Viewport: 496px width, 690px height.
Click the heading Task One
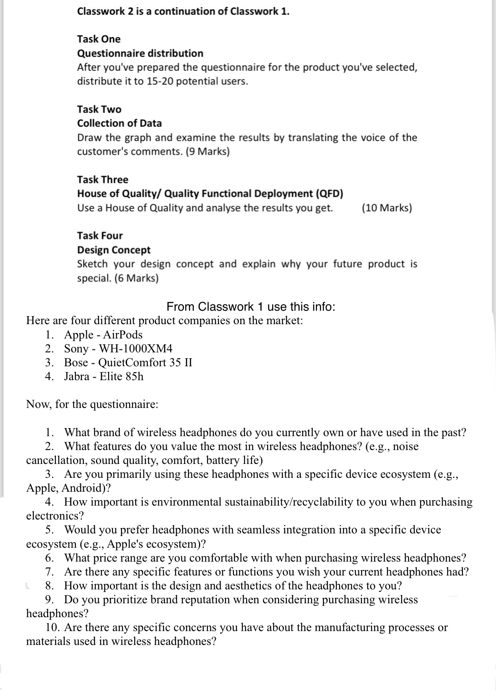[98, 39]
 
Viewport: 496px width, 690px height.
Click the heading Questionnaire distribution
[140, 53]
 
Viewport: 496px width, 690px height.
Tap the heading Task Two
[99, 109]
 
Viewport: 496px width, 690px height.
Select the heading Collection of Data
[119, 123]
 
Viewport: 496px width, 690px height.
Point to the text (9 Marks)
[207, 152]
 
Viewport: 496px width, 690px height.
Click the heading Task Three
[102, 180]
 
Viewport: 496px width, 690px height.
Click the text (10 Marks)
[387, 208]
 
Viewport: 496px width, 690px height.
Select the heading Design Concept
[114, 250]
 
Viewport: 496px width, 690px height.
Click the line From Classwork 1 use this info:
[251, 306]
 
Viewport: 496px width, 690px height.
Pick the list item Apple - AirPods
[103, 335]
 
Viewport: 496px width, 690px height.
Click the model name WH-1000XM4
[135, 349]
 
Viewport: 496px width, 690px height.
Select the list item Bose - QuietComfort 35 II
[128, 362]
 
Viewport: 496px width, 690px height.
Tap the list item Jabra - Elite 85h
[103, 376]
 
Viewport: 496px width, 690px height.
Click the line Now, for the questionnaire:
[92, 405]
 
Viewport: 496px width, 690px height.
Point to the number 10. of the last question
[53, 628]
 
